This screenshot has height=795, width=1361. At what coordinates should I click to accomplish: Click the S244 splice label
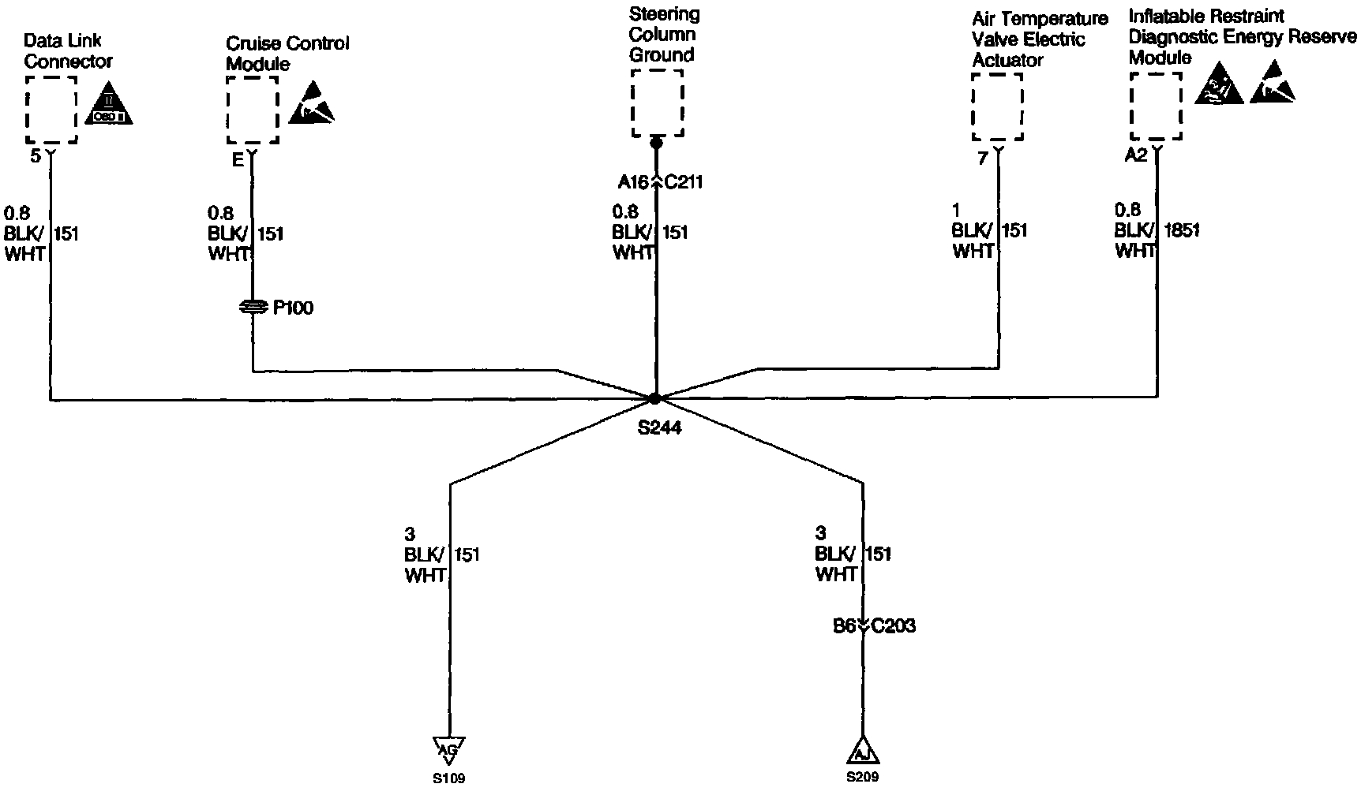coord(659,429)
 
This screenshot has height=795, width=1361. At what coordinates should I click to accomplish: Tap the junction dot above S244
coord(655,398)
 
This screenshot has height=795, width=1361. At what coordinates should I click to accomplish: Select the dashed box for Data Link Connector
coord(51,110)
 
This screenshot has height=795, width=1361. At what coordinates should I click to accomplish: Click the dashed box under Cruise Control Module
coord(253,110)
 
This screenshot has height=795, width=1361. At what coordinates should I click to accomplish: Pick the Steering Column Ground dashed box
coord(657,103)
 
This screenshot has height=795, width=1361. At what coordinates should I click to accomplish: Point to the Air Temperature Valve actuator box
coord(997,107)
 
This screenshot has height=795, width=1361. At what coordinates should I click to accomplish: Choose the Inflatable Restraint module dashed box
coord(1156,106)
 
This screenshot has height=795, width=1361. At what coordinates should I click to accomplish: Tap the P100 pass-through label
coord(293,308)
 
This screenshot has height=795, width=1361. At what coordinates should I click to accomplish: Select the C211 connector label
coord(684,183)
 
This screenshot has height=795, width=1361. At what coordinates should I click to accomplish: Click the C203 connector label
coord(894,626)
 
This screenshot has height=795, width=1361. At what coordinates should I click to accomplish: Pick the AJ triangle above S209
coord(862,752)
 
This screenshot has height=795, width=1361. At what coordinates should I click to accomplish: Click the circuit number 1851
coord(1182,231)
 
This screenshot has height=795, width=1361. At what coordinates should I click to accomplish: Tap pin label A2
coord(1135,156)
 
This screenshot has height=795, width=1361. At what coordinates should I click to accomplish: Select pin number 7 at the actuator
coord(982,159)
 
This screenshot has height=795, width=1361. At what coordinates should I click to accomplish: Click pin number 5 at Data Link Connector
coord(35,156)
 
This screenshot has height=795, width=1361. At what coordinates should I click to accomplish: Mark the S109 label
coord(448,779)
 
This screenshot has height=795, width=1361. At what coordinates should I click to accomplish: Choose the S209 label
coord(862,778)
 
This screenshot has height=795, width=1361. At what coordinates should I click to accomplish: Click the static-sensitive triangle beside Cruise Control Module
coord(311,105)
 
